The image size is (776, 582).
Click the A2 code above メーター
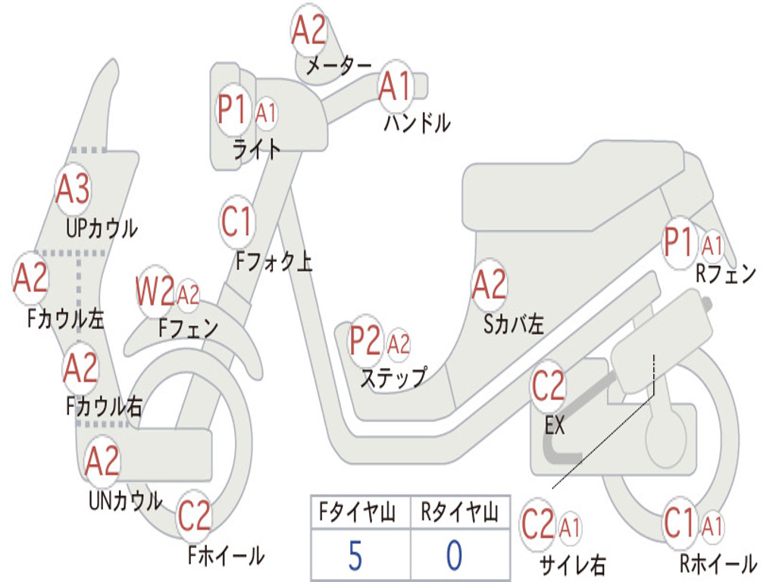point(309,30)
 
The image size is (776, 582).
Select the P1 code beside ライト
point(232,111)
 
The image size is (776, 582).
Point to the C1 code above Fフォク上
point(236,222)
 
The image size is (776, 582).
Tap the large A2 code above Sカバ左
point(489,284)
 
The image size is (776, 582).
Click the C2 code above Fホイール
point(194,517)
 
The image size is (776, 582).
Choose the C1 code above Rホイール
point(679,523)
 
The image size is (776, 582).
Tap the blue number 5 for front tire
point(355,556)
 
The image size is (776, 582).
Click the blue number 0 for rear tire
point(454,556)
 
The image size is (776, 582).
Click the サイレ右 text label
point(572,564)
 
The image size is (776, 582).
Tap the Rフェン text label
point(726,274)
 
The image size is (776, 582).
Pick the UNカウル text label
point(126,500)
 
